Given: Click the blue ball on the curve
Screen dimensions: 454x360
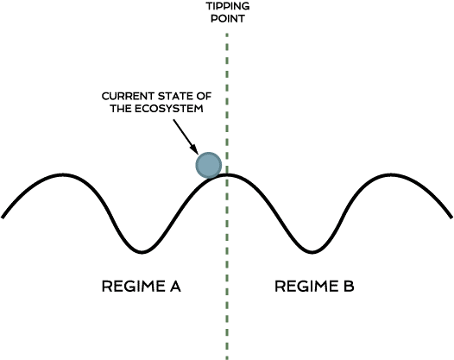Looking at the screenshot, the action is [209, 165].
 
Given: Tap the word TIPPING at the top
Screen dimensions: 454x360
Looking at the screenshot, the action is [228, 6].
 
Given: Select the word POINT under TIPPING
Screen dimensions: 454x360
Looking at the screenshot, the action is [228, 18].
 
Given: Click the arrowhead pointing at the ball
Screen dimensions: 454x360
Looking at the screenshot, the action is [194, 149].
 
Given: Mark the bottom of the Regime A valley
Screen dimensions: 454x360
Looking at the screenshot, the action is [142, 252].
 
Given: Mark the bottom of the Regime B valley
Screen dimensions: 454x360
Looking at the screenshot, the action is [312, 252].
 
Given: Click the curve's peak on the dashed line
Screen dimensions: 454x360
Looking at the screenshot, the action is [227, 174].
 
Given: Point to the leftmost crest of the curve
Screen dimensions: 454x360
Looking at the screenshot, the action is [62, 174].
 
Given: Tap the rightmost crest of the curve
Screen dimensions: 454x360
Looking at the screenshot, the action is [390, 174].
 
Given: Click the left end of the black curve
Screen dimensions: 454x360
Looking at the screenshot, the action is [3, 217].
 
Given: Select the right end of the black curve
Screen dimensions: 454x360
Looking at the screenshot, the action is [451, 217].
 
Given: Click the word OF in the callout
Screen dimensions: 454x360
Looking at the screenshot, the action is [204, 96].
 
